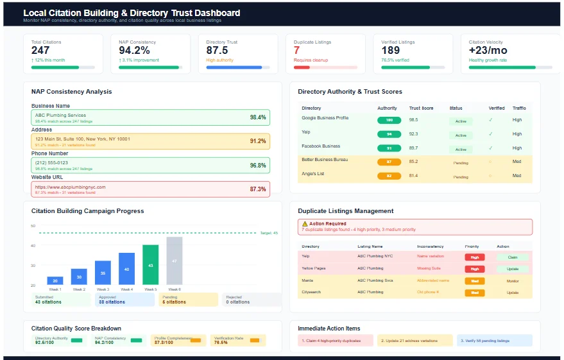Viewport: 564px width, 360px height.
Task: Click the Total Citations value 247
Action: tap(40, 51)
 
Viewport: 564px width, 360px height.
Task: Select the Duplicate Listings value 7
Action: tap(296, 51)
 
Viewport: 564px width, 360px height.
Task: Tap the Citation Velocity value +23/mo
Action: tap(488, 51)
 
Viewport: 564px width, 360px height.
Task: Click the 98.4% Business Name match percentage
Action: tap(257, 117)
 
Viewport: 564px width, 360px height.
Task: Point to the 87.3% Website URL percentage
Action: tap(257, 189)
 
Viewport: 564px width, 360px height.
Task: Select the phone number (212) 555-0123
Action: tap(51, 163)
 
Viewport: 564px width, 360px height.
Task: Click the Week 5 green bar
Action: tap(150, 264)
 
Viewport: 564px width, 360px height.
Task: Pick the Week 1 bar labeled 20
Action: tap(55, 280)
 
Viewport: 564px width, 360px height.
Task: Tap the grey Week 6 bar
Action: tap(175, 261)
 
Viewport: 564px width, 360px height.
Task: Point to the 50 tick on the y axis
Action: tap(33, 226)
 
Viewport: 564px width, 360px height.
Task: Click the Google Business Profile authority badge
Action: tap(389, 120)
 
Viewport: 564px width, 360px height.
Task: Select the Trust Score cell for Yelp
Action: tap(413, 134)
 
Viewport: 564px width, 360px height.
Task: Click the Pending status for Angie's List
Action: tap(461, 176)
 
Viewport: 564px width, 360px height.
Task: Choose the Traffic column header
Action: tap(518, 108)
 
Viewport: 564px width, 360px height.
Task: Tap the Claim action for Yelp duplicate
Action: tap(512, 257)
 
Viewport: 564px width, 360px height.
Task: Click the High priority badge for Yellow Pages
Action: tap(474, 269)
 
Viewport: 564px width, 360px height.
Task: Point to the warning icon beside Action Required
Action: tap(305, 223)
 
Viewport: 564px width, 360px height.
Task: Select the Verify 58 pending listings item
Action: tap(494, 341)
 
